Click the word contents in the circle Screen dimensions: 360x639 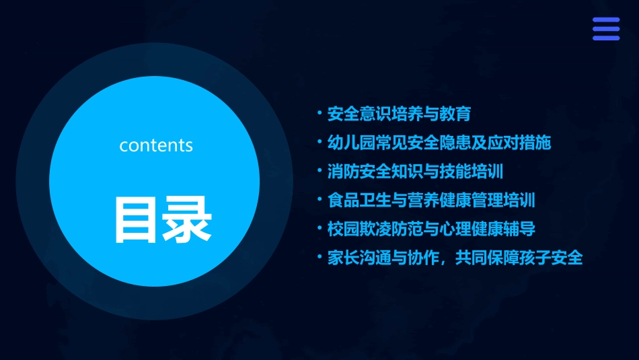pyautogui.click(x=156, y=145)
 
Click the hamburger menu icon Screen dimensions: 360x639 pyautogui.click(x=606, y=29)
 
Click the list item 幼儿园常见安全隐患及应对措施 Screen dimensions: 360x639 pyautogui.click(x=439, y=143)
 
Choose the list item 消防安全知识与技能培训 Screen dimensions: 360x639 pyautogui.click(x=415, y=172)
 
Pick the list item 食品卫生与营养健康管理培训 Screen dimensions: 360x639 pyautogui.click(x=431, y=201)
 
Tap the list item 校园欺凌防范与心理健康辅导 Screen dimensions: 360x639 pyautogui.click(x=431, y=229)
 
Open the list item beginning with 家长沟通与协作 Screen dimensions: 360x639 pyautogui.click(x=455, y=258)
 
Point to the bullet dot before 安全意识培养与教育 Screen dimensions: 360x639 pyautogui.click(x=320, y=112)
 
